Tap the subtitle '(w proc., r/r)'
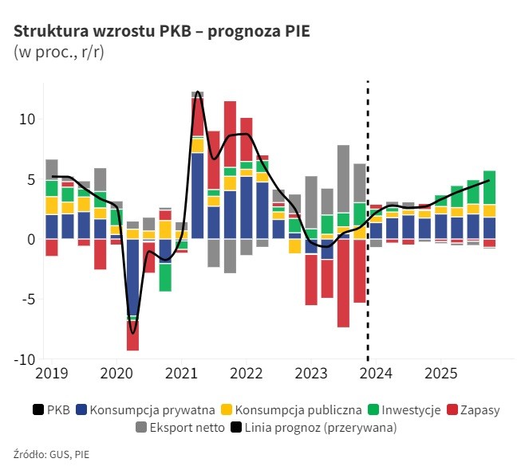(x=58, y=53)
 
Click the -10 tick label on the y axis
(x=22, y=359)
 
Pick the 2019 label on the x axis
(x=50, y=372)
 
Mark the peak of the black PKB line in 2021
(x=197, y=92)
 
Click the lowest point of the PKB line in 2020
(x=132, y=332)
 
